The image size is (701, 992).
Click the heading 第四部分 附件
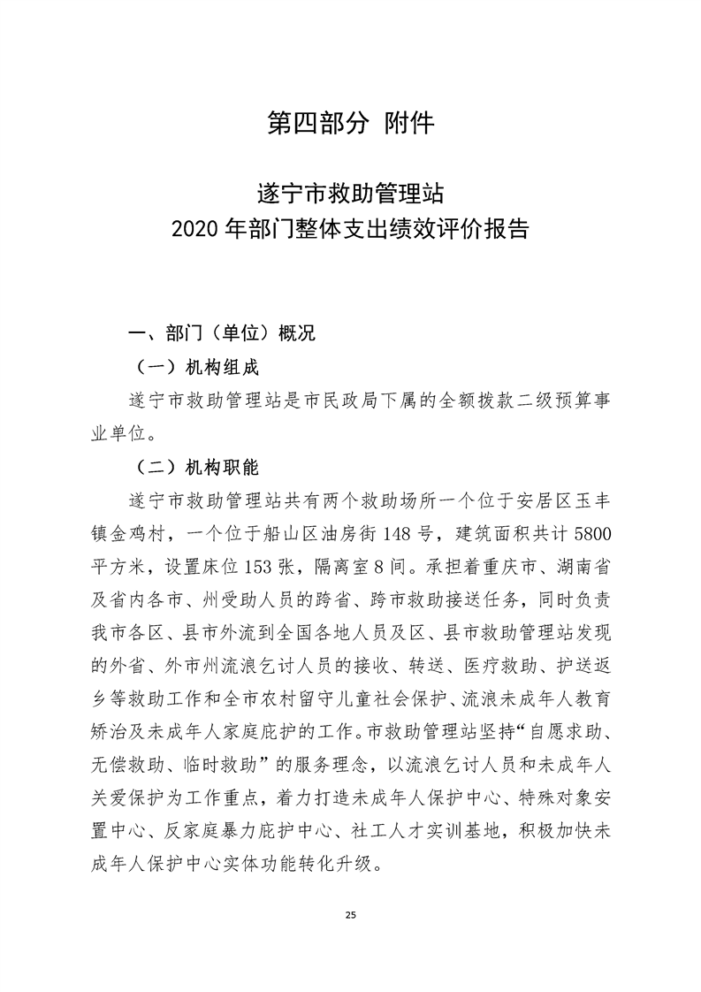click(350, 124)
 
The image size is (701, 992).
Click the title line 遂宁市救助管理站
click(350, 192)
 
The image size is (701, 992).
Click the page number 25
click(350, 913)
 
